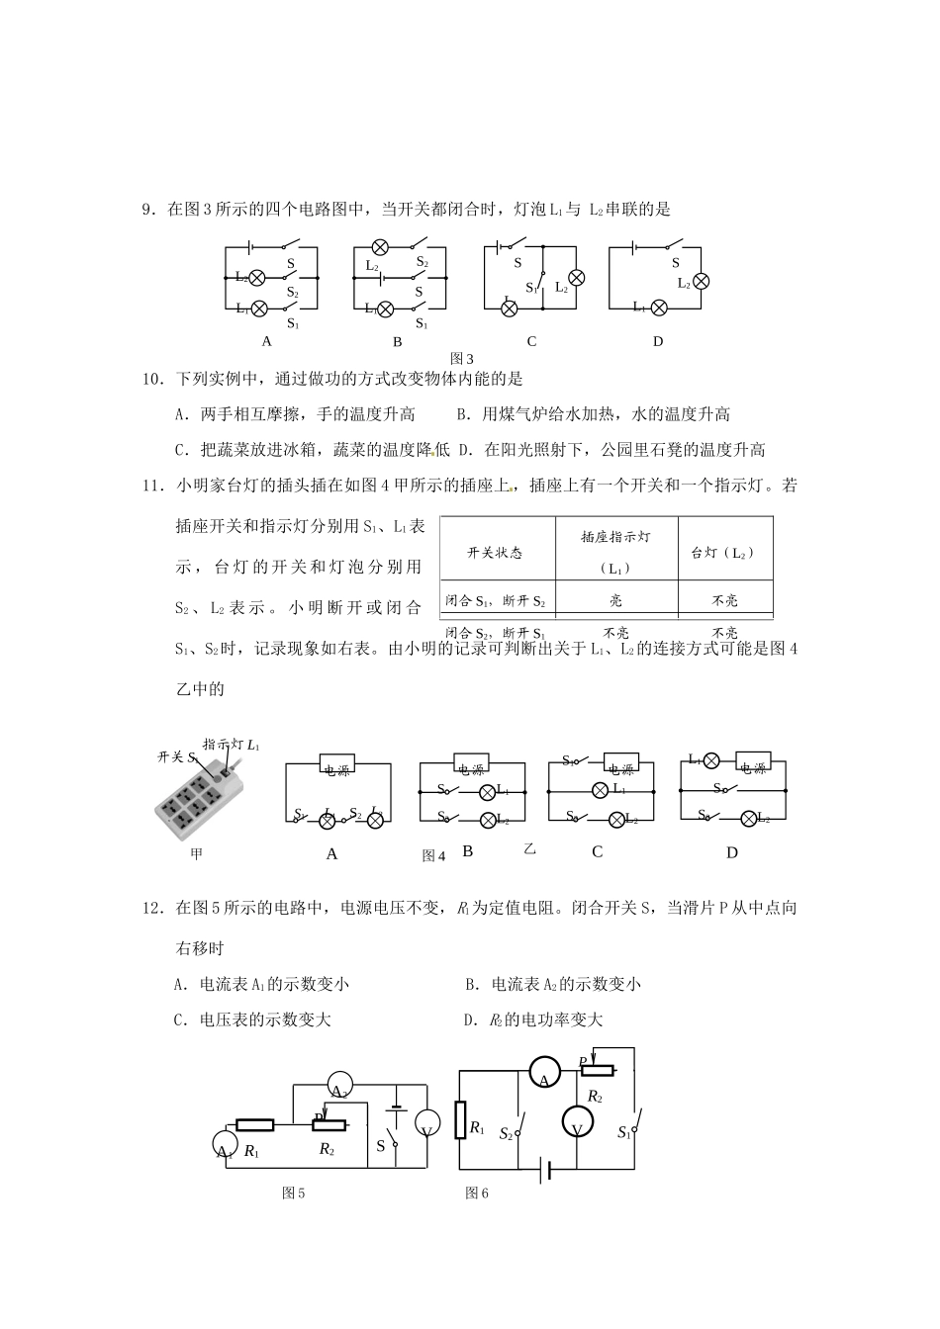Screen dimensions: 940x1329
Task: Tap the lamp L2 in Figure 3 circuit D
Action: coord(701,281)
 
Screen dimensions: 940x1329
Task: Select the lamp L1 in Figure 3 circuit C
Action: coord(510,308)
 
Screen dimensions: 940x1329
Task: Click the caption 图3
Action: coord(462,358)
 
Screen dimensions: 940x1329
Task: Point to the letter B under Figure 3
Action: coord(397,342)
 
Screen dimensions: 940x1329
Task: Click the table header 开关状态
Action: coord(495,553)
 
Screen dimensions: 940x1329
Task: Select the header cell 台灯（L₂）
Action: coord(723,553)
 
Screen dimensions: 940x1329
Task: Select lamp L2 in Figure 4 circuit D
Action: coord(749,818)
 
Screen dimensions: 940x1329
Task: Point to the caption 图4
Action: coord(434,856)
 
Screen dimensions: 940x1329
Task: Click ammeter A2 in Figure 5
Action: coord(338,1084)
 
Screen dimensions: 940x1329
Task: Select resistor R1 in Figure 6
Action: coord(461,1120)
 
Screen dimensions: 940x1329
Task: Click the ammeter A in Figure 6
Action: coord(544,1071)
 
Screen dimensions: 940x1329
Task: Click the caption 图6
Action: coord(477,1194)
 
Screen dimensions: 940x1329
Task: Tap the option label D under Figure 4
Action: coord(732,852)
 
